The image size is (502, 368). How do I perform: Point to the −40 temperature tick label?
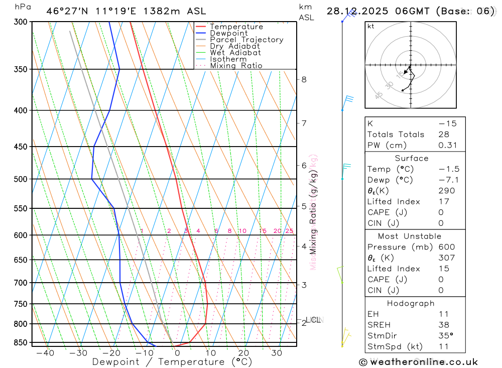coord(45,353)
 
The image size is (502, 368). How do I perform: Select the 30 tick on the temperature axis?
coord(277,353)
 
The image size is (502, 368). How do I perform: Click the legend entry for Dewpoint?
coord(228,33)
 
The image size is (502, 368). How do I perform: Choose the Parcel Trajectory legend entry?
coord(246,40)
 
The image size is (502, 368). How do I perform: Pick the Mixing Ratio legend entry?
coord(236,66)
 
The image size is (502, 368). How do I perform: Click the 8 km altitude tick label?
coord(304,79)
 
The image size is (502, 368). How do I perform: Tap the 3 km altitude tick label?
coord(304,285)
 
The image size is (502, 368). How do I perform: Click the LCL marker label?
coord(314,319)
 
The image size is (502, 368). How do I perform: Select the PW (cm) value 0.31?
coord(447,145)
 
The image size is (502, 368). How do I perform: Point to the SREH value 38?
coord(443,325)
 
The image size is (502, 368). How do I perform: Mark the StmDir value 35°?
coord(445,336)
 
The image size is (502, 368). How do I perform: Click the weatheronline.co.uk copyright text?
coord(418,362)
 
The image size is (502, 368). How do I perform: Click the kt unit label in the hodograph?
coord(371,26)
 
